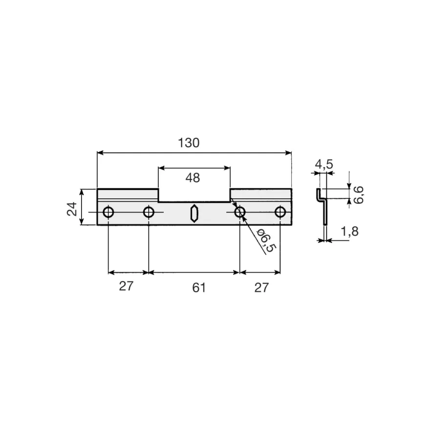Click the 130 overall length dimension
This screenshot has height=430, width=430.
(x=189, y=143)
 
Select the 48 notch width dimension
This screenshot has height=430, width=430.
(x=193, y=178)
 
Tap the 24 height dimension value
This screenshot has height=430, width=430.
(x=72, y=209)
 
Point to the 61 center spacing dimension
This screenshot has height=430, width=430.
(x=199, y=288)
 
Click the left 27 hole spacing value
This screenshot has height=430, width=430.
(x=126, y=286)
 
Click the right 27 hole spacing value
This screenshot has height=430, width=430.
(x=261, y=288)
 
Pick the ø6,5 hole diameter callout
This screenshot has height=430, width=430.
(x=266, y=240)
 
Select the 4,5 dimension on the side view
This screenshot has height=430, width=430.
(x=324, y=164)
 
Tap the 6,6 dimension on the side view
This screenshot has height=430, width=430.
(x=359, y=195)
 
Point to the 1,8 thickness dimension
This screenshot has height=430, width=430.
(x=349, y=232)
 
